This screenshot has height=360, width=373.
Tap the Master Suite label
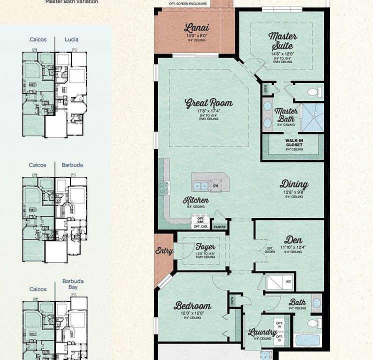click(x=282, y=40)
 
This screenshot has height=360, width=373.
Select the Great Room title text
click(x=208, y=103)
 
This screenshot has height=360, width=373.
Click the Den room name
click(x=293, y=239)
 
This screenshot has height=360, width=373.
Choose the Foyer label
click(x=205, y=246)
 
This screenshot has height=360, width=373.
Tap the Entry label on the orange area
click(x=164, y=251)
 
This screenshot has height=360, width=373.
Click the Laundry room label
click(x=262, y=332)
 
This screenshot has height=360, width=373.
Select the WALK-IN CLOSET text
click(x=294, y=142)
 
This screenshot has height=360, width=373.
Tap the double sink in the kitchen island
click(x=201, y=185)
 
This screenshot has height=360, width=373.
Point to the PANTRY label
click(x=219, y=226)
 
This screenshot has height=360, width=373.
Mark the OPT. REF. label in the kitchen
click(x=201, y=220)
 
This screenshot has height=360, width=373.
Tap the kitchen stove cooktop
click(x=164, y=187)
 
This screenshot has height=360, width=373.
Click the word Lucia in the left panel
click(x=71, y=39)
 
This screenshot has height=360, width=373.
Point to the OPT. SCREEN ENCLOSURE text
click(x=188, y=3)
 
